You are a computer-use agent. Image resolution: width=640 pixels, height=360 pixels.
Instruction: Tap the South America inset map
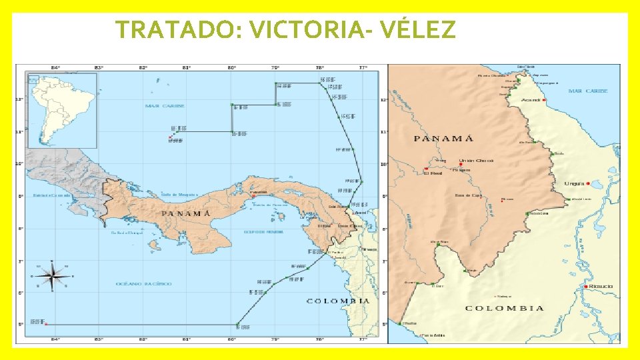(x=62, y=110)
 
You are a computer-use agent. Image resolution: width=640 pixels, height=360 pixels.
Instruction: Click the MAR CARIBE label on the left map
(x=165, y=106)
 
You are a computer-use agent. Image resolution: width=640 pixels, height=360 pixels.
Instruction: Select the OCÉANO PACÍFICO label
(x=144, y=284)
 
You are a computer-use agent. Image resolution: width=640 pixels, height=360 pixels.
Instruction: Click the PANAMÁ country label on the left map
(x=186, y=213)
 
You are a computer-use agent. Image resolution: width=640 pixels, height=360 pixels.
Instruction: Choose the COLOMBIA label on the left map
(x=337, y=301)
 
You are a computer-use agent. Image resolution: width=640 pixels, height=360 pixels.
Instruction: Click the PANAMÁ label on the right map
(x=443, y=139)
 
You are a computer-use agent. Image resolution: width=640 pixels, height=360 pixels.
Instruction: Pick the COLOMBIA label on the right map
(x=504, y=308)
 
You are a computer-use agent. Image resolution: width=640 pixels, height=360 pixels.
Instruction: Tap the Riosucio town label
(x=600, y=287)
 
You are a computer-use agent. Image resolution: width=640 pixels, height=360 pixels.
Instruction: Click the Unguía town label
(x=574, y=183)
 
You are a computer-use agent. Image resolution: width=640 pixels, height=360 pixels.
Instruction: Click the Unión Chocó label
(x=475, y=161)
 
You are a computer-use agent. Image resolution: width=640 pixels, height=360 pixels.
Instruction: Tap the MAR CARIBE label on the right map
(x=587, y=91)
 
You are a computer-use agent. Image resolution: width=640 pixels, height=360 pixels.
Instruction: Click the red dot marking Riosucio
(x=585, y=287)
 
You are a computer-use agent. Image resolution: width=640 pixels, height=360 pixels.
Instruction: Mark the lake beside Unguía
(x=597, y=183)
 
